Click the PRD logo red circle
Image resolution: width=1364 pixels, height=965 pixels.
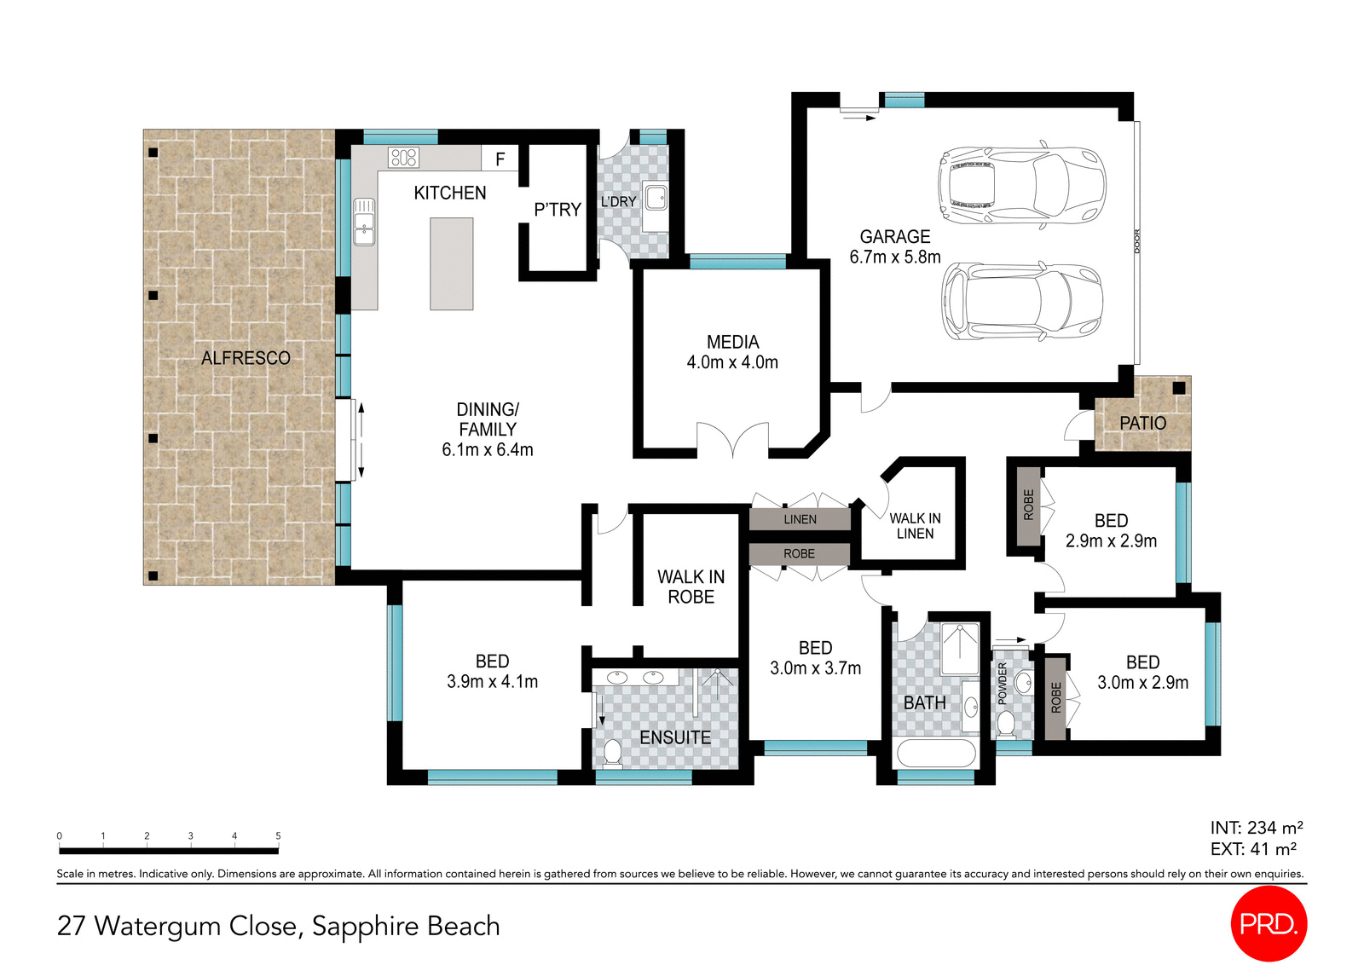(1269, 923)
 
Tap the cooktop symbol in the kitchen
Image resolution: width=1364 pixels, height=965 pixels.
(403, 157)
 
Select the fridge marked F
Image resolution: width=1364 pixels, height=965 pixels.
(500, 159)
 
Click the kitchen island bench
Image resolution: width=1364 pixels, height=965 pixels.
(451, 263)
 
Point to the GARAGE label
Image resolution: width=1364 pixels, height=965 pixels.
(894, 237)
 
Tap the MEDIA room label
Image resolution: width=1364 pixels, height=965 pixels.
(732, 342)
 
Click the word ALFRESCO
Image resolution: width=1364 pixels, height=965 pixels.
(246, 358)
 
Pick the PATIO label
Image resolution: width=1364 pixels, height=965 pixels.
(1142, 423)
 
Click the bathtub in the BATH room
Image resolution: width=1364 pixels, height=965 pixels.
(935, 754)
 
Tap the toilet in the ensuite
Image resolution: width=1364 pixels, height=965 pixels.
(612, 753)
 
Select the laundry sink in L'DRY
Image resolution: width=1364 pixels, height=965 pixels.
(656, 198)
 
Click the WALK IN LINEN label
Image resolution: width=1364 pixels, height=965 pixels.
(915, 526)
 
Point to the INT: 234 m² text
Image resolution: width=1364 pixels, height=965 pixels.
(1256, 828)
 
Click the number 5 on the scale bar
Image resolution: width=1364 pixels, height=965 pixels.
(278, 835)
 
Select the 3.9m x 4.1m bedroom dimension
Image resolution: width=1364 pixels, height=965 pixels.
(492, 682)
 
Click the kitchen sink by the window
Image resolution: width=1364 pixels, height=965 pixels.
(364, 222)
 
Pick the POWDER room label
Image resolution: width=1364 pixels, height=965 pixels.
(1003, 683)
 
